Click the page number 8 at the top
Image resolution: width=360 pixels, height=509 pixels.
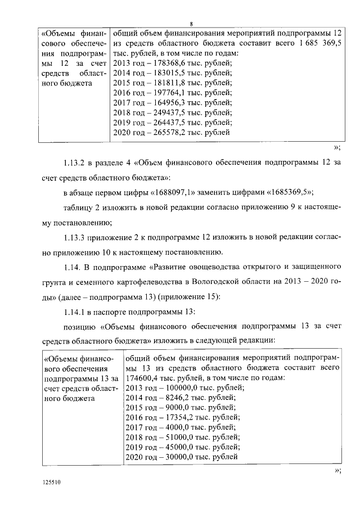pyautogui.click(x=191, y=24)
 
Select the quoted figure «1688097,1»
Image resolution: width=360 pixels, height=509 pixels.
pyautogui.click(x=180, y=192)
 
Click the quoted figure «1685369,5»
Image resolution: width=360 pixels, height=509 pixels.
pyautogui.click(x=290, y=192)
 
